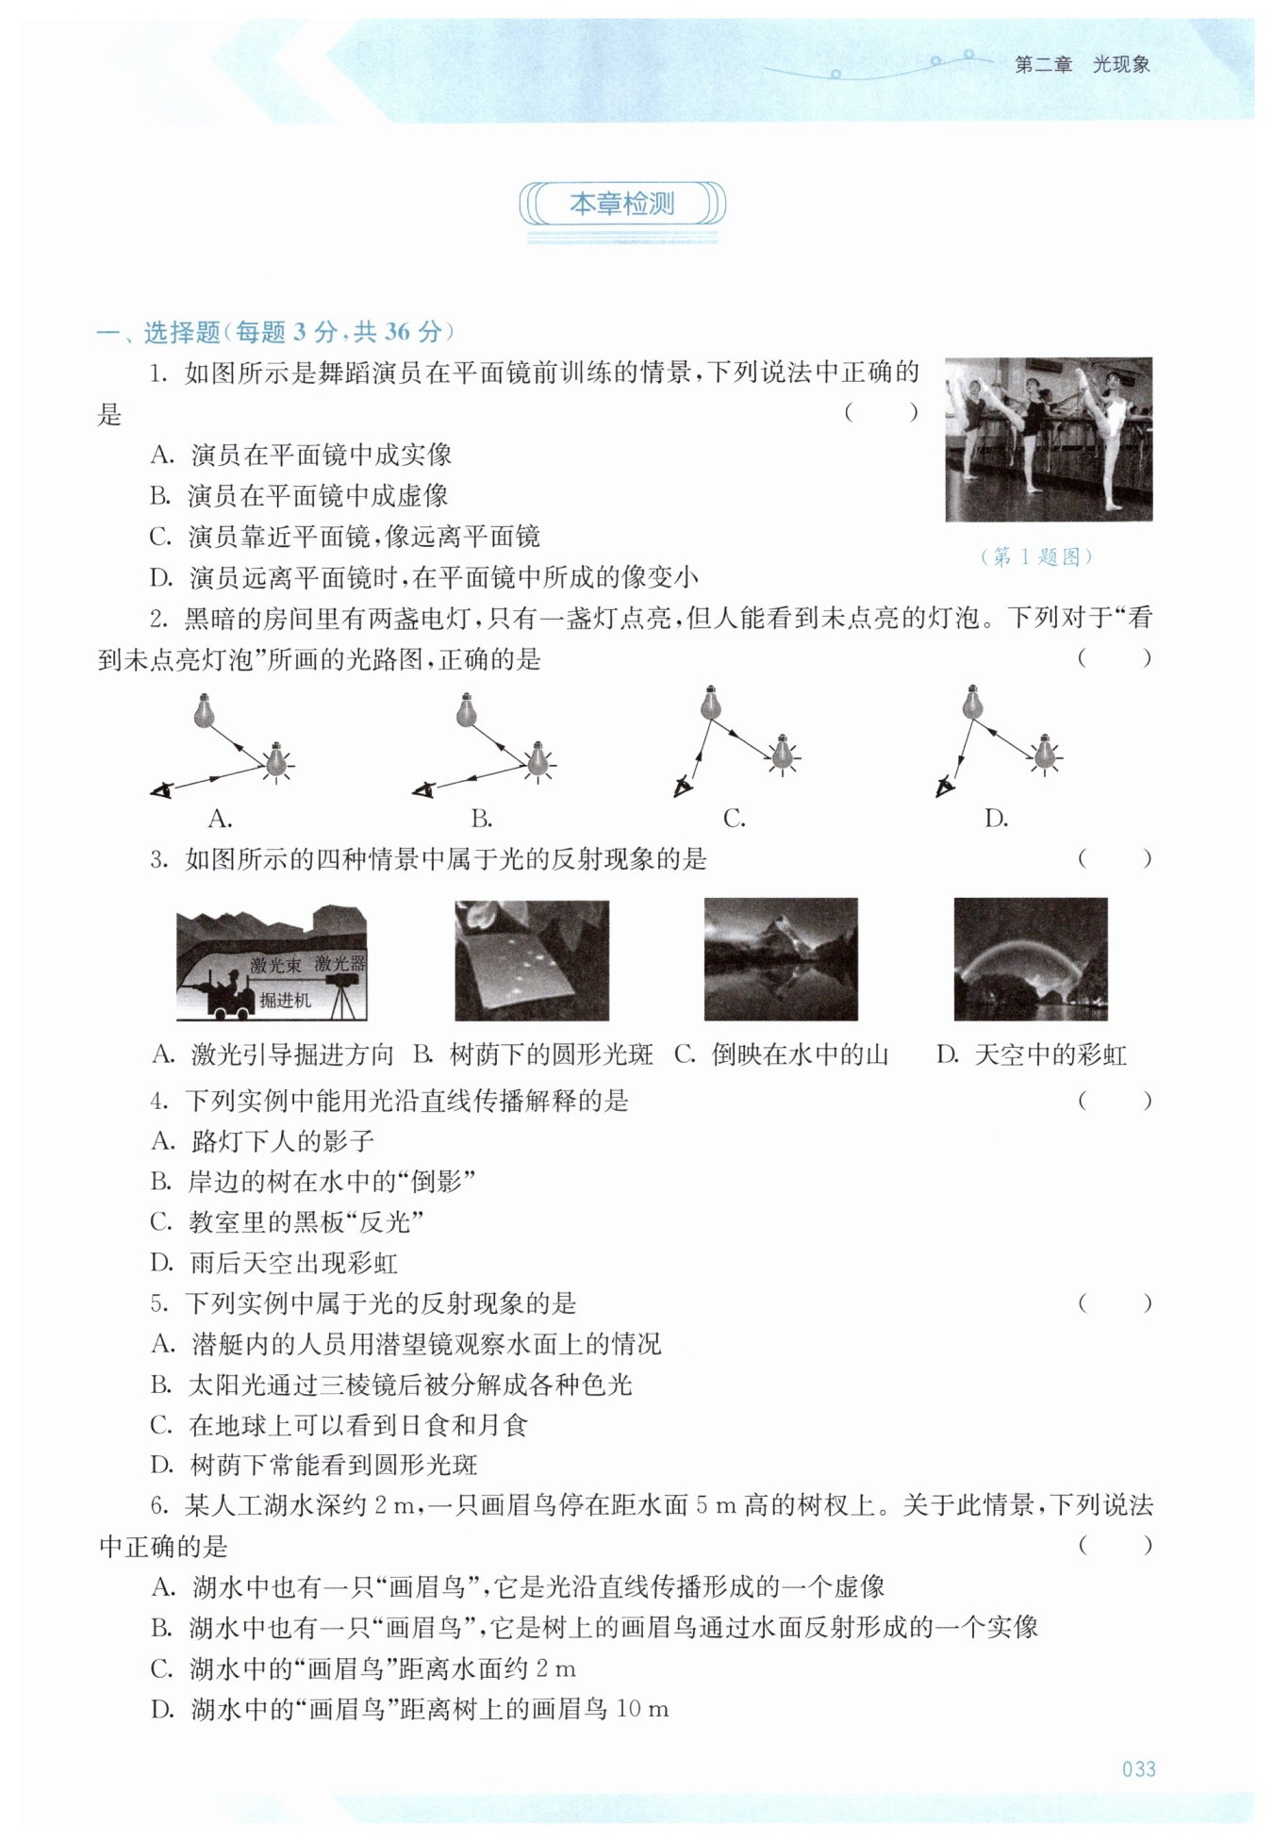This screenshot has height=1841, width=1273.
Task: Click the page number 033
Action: point(1138,1768)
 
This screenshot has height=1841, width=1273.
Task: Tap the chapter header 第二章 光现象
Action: point(1082,65)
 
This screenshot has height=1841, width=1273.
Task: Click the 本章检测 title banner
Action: point(622,205)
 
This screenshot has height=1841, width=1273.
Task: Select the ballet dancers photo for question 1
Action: point(1049,440)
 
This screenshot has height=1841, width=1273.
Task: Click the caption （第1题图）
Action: point(1037,556)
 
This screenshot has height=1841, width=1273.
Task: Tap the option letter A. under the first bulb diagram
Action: point(220,819)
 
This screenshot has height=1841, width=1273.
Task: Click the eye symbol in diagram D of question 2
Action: point(944,786)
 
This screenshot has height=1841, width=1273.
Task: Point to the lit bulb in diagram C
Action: point(782,753)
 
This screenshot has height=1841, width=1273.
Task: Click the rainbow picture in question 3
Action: point(1031,959)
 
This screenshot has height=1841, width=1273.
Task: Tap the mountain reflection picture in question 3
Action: point(781,959)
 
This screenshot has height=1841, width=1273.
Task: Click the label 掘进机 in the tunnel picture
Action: point(286,1000)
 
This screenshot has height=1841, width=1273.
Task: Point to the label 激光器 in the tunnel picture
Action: point(340,964)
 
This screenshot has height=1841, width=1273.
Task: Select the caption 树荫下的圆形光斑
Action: point(552,1054)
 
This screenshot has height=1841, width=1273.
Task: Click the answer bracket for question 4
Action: point(1115,1100)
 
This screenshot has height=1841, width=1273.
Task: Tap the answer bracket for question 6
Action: point(1115,1545)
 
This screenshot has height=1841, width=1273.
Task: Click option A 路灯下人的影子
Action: point(263,1141)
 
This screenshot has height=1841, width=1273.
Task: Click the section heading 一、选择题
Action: point(158,332)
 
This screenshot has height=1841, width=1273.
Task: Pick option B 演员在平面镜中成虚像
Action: point(299,495)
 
